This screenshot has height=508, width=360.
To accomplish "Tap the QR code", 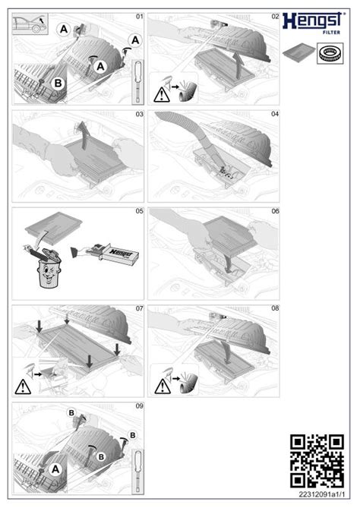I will [x=317, y=459].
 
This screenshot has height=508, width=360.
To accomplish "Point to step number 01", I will [x=139, y=16].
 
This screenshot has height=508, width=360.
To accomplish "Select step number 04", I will [x=275, y=114].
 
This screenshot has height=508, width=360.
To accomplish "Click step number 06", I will [x=275, y=211].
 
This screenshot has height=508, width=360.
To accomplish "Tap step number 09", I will [x=139, y=406].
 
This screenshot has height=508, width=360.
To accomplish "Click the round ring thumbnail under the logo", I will [x=330, y=54].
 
